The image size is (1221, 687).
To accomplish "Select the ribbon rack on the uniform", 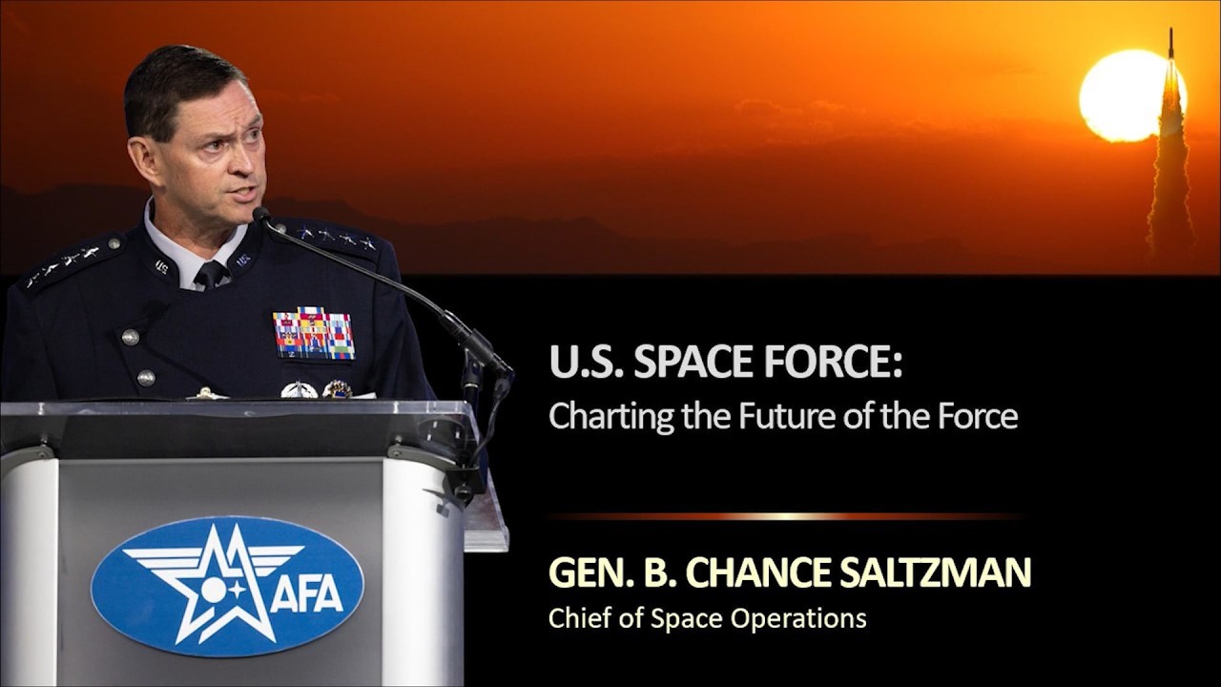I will [x=314, y=334].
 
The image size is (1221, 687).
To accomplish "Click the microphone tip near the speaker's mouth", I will [x=260, y=217].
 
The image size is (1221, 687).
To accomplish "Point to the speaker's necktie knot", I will [x=210, y=272].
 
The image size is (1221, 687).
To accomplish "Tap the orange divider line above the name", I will [x=787, y=516].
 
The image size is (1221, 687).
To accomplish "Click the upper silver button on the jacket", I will [x=131, y=337].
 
